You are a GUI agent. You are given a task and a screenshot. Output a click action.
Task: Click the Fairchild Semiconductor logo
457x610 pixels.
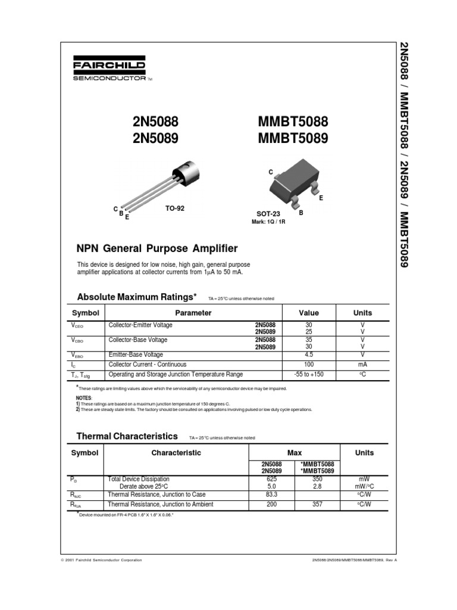coord(110,69)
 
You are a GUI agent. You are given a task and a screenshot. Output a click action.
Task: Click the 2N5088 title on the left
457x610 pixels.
coord(155,122)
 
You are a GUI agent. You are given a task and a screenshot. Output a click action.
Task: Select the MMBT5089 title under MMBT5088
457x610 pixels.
coord(293,139)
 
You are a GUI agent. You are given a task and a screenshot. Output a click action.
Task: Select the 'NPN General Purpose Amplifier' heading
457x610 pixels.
coord(157,248)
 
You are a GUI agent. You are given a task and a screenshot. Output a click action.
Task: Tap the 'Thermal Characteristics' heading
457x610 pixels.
coord(127,436)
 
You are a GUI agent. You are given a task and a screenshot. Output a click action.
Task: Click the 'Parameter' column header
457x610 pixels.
coord(193,313)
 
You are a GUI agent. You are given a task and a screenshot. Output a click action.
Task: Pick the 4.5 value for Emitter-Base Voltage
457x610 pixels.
coord(308,354)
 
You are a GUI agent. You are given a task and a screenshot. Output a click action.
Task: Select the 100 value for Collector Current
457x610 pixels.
coord(308,365)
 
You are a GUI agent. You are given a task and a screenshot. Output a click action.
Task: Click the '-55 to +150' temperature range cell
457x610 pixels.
coord(308,375)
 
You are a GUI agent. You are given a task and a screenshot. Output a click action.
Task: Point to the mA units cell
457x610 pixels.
coord(362,365)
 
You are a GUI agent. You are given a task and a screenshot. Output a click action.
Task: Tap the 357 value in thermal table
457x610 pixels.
coord(317,505)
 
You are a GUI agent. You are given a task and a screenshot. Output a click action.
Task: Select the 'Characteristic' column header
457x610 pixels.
coord(176,453)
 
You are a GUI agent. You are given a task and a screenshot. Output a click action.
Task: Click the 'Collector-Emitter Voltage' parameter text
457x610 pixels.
coord(140,325)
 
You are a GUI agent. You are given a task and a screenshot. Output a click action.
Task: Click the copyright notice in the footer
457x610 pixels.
coord(102,560)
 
